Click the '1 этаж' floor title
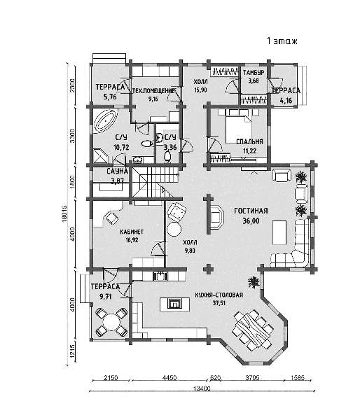click(282, 41)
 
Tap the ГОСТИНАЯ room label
click(251, 211)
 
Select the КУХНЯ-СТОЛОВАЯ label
click(219, 295)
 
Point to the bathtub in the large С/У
click(106, 121)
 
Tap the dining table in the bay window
click(253, 330)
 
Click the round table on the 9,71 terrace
click(111, 322)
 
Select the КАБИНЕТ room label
click(132, 232)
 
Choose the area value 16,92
click(132, 240)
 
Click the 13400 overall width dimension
click(201, 388)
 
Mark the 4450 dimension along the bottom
click(169, 378)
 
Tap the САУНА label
click(117, 171)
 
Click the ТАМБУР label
click(254, 73)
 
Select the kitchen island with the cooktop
click(174, 304)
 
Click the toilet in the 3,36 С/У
click(167, 156)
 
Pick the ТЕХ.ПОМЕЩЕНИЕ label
click(153, 91)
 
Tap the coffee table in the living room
click(279, 232)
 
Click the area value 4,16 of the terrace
click(286, 101)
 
